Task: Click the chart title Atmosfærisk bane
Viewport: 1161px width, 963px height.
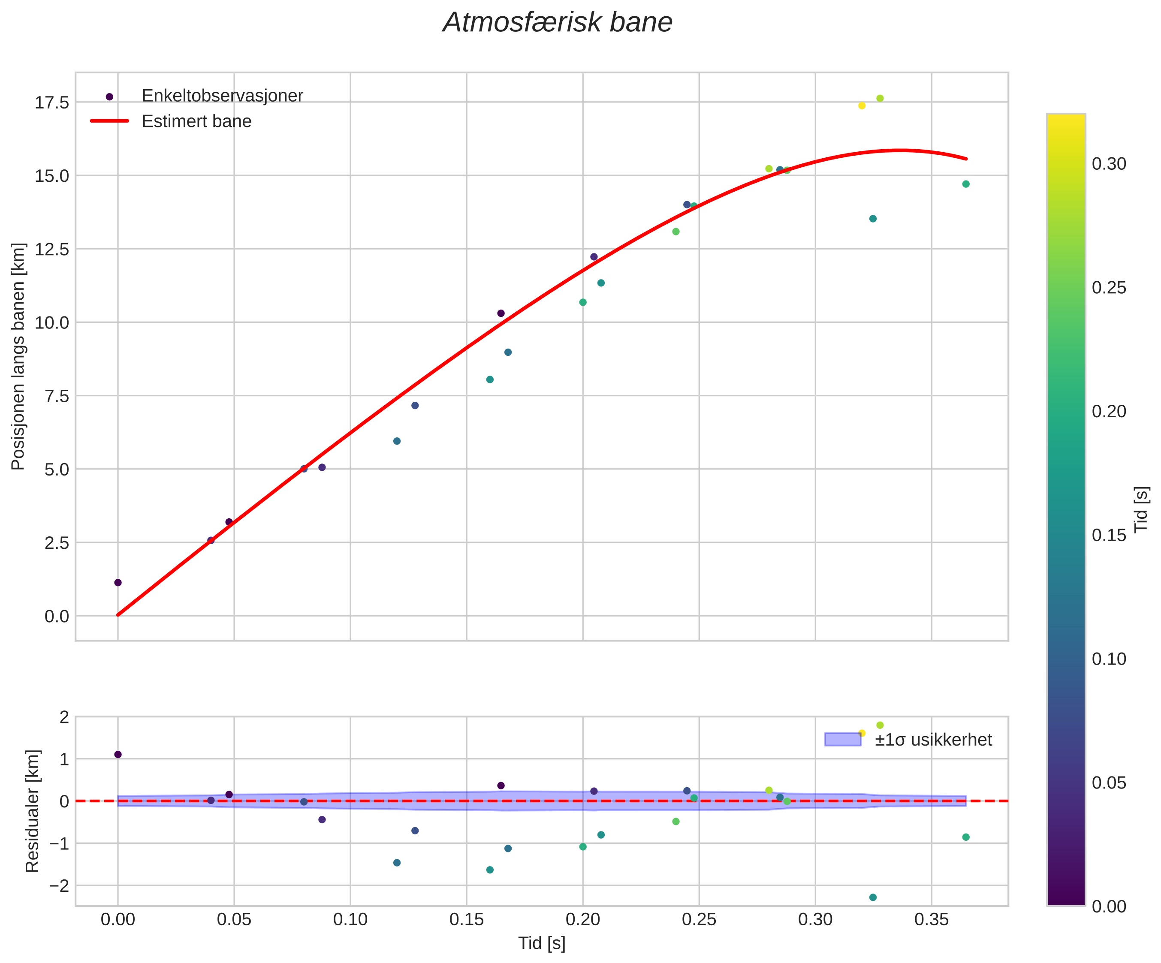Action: tap(557, 23)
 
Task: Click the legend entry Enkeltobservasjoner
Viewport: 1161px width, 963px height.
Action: tap(222, 96)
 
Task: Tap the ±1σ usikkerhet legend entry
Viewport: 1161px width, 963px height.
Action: tap(933, 740)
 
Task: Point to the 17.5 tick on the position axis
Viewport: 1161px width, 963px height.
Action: tap(52, 103)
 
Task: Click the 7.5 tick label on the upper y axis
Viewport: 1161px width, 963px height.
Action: tap(52, 396)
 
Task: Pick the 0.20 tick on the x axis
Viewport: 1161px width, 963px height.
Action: tap(583, 919)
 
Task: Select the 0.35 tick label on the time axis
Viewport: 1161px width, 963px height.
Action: tap(932, 919)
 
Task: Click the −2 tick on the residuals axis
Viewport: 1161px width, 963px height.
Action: tap(59, 885)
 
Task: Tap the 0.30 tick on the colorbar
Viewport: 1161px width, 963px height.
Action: tap(1109, 164)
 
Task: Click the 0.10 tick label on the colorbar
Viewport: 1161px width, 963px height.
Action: tap(1109, 659)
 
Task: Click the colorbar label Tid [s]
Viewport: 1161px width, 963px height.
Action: tap(1141, 509)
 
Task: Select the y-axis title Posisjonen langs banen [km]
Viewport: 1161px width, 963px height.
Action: tap(18, 357)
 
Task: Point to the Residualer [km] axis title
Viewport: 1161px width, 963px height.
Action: tap(33, 812)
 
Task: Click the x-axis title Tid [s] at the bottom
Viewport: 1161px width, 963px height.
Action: tap(541, 943)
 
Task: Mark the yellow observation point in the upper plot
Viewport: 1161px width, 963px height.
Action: tap(861, 105)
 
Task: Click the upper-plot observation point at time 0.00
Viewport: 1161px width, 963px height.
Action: tap(118, 583)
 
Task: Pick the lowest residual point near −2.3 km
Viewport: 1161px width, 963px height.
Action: tap(873, 897)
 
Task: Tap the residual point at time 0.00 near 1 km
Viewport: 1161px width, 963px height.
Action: tap(118, 755)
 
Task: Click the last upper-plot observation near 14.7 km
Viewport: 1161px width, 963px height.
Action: tap(966, 184)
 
